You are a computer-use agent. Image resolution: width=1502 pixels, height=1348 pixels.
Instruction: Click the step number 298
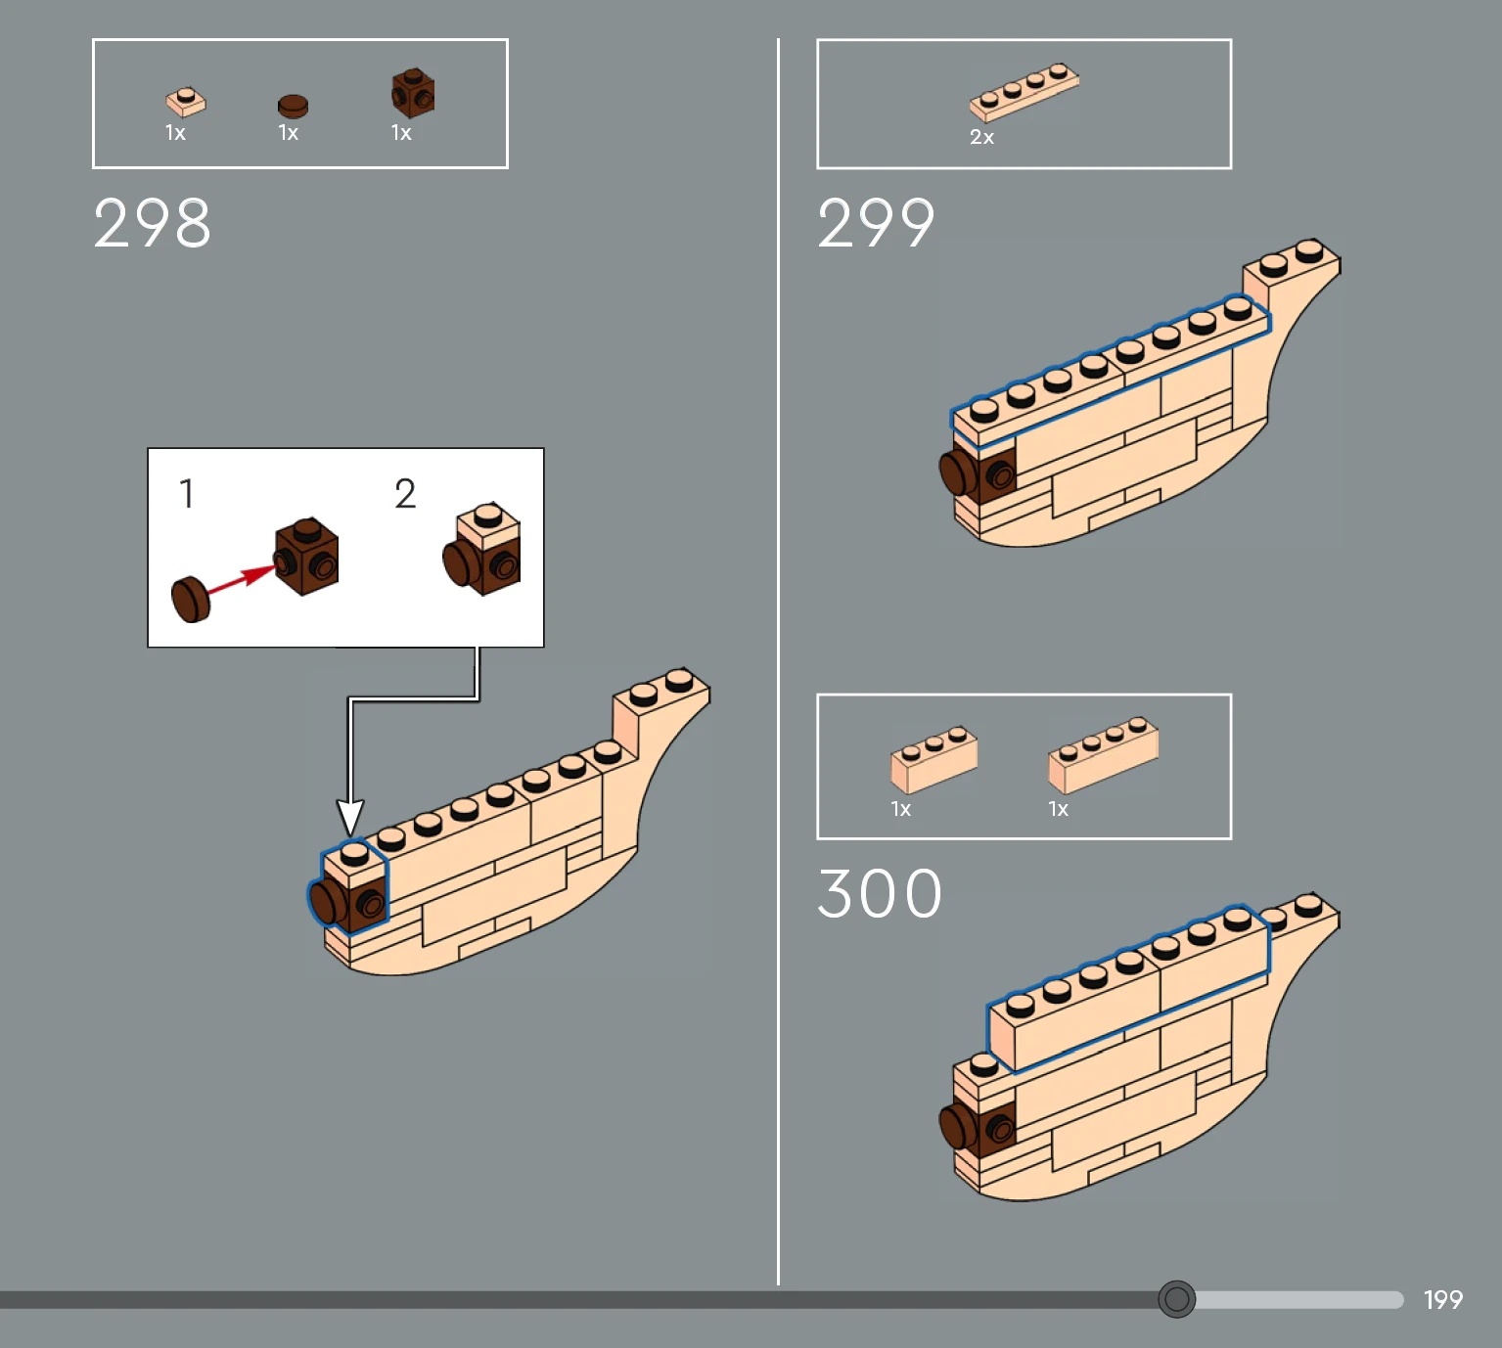tap(152, 222)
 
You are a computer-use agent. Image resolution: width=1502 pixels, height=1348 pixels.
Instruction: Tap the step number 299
tap(876, 222)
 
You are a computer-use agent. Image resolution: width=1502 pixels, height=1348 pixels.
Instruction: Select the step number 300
tap(880, 894)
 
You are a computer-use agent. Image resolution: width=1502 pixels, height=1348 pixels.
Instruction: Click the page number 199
tap(1442, 1299)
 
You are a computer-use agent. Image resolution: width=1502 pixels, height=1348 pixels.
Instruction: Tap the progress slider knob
tap(1176, 1298)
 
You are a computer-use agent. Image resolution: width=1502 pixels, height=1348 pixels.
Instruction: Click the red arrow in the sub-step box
tap(242, 579)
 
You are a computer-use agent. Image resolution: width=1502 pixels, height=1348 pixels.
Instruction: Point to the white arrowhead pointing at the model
tap(350, 818)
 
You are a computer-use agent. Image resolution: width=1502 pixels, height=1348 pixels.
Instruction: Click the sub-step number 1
tap(187, 493)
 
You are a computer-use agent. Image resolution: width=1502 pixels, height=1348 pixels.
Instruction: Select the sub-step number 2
tap(405, 494)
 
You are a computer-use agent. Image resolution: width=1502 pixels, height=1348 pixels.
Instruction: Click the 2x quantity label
tap(981, 137)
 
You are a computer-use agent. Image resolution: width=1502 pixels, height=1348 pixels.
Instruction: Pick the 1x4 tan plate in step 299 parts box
tap(1024, 92)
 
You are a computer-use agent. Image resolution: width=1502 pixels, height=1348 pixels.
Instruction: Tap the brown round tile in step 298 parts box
tap(293, 106)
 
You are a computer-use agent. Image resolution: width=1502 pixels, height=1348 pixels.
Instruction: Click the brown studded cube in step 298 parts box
tap(413, 93)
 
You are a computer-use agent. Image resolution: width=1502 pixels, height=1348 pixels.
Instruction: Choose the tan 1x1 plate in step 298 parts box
tap(185, 102)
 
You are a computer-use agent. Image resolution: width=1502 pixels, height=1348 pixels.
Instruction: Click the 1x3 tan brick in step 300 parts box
tap(933, 759)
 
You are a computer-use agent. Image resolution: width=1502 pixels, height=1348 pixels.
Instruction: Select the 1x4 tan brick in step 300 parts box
tap(1103, 754)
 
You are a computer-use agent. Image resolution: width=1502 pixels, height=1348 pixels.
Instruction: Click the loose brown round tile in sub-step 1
tap(191, 600)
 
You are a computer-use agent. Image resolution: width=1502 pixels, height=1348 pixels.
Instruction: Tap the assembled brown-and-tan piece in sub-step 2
tap(481, 549)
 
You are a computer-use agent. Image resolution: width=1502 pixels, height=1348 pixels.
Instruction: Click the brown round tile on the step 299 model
tap(959, 472)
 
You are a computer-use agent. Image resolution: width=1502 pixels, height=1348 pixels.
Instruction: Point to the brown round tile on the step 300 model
tap(959, 1126)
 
